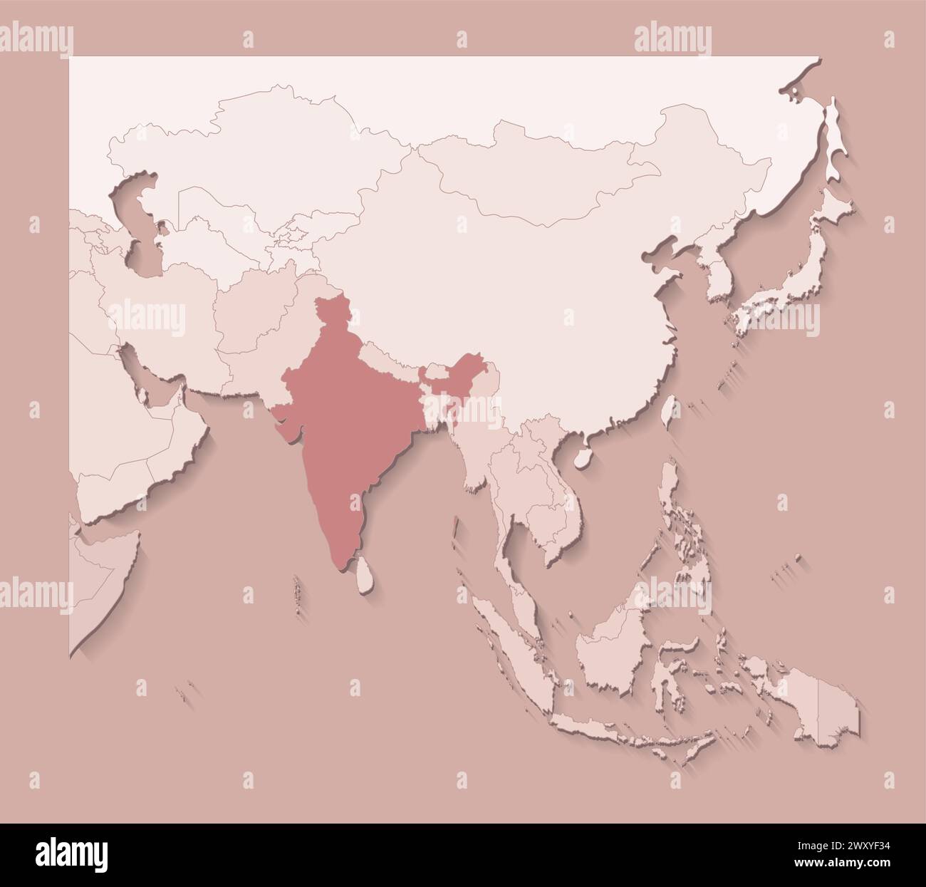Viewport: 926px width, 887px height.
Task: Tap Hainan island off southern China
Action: pyautogui.click(x=583, y=456)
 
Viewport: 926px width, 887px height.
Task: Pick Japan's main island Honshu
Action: pyautogui.click(x=791, y=285)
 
